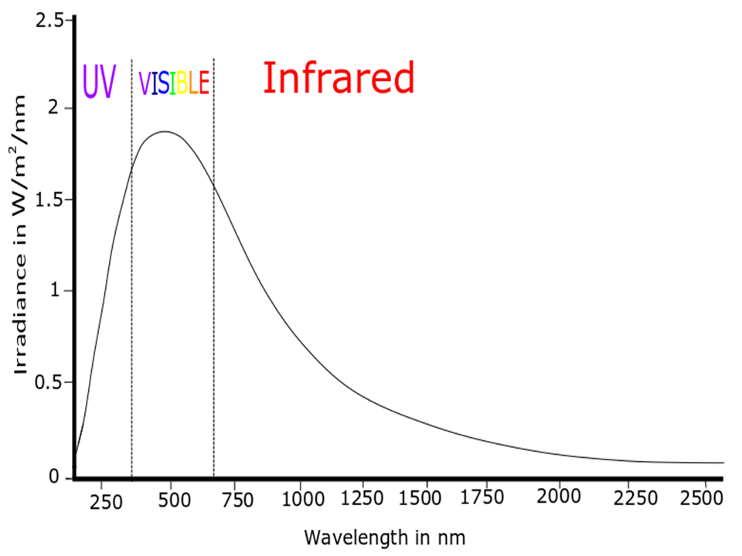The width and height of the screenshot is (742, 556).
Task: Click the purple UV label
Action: pos(99,81)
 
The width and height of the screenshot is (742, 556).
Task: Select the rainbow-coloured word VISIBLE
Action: pos(173,83)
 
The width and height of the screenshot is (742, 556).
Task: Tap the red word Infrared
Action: pos(339,78)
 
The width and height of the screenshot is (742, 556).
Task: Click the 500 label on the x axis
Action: pos(174,499)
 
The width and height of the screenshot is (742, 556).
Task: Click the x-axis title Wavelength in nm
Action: pos(385,536)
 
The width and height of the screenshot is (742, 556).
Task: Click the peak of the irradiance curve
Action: pos(165,131)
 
